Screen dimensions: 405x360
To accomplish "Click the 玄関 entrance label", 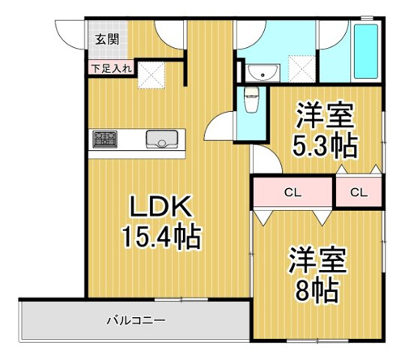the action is point(107,40).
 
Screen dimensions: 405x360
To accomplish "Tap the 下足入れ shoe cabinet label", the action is point(111,68).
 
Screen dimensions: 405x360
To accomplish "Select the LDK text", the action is point(161,207).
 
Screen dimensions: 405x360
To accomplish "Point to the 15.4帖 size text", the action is point(162,237).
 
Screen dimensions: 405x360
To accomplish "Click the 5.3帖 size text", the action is point(325,146).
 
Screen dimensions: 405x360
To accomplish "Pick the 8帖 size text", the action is point(317,290).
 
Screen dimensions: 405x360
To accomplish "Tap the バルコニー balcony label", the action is point(136,321).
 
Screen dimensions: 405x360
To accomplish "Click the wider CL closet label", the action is point(292,193).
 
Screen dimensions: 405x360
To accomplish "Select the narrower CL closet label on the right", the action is point(359,192).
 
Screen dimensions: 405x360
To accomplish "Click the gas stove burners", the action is point(104,139).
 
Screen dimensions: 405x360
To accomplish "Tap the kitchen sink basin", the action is point(162,139).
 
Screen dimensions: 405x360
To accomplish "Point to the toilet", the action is point(251,99).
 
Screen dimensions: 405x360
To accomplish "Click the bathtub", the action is point(365,52).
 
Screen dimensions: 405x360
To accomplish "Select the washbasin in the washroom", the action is point(262,72).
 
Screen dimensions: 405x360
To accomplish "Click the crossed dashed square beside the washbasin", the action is point(302,69).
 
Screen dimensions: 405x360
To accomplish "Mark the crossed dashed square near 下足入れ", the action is point(151,75).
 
